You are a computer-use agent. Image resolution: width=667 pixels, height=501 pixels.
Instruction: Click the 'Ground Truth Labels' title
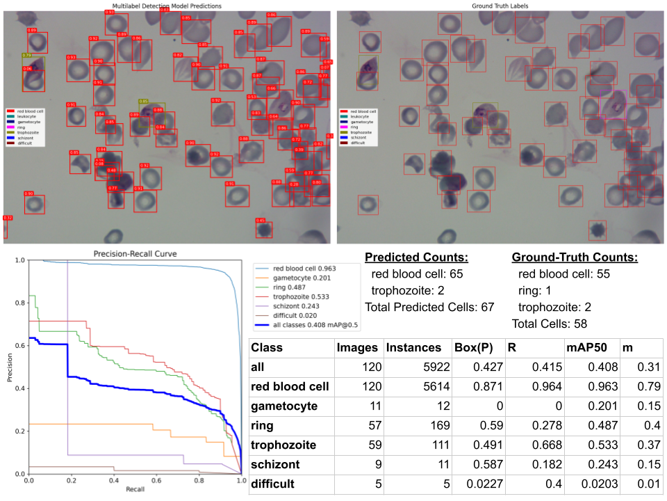499,6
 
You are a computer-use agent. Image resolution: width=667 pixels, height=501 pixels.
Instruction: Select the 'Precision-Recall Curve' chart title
135,254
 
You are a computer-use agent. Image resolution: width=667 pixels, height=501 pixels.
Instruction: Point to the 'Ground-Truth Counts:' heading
575,257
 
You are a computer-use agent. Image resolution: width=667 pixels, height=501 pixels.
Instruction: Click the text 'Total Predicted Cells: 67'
429,307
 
